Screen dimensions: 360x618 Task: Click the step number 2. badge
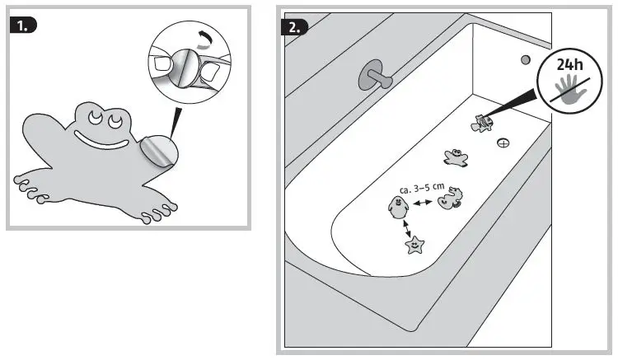[x=294, y=26]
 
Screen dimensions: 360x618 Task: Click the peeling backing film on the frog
[x=157, y=152]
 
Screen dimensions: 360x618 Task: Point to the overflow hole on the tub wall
[x=524, y=60]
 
